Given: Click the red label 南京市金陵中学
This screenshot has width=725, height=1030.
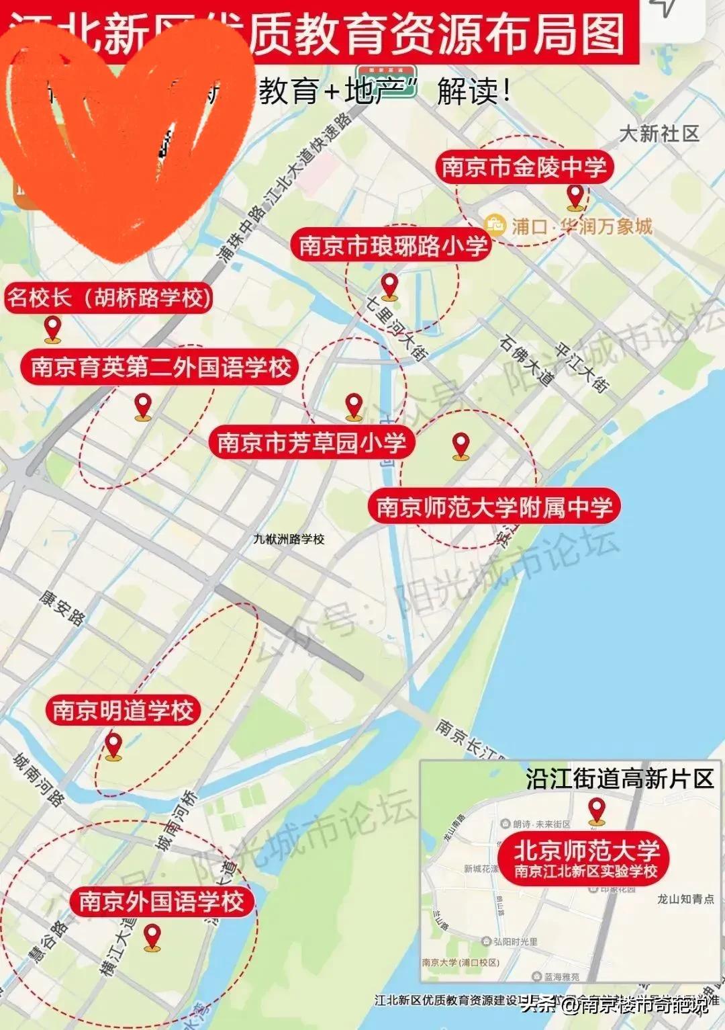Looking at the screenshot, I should coord(524,167).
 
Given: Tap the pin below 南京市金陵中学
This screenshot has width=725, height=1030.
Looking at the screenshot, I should coord(575,197).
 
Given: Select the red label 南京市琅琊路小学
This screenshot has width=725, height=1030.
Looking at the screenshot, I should coord(393,245).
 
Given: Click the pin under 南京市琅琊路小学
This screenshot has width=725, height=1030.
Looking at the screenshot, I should coord(389,286).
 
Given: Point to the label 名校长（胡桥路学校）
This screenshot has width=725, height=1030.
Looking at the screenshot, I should coord(109,297).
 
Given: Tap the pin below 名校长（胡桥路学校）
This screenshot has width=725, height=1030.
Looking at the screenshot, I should coord(52,329).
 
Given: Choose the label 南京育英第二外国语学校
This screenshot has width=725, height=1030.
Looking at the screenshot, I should coord(160,367).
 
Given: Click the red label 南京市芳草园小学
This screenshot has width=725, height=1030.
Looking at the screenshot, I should coord(311,442).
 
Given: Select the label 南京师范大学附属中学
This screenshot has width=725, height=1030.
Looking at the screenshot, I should coord(494,507).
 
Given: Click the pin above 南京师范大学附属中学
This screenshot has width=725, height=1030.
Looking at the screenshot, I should coord(461,445).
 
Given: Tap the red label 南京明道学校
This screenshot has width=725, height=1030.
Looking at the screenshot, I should coord(123,710).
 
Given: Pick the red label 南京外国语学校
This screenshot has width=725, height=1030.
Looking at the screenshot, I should coord(162,901).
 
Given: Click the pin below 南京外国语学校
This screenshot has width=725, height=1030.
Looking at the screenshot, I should coord(152,937).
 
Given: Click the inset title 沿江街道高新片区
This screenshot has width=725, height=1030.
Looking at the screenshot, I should coord(619,779).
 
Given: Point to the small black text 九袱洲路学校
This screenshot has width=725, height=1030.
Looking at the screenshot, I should coord(289,539).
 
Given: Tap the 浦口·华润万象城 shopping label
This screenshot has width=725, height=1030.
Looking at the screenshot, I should coord(569,226).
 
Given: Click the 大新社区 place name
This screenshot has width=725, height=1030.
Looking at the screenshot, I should coord(659,134).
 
